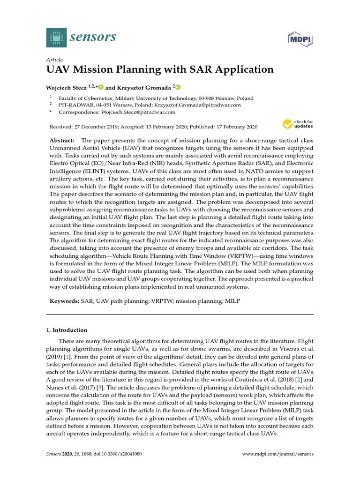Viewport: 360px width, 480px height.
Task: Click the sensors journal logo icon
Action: click(57, 37)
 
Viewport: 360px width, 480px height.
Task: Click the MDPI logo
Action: click(300, 40)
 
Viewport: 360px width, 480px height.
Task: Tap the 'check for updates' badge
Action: click(298, 124)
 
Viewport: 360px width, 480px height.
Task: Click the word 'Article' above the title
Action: click(54, 60)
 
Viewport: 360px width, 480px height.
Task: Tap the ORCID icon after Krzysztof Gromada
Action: click(178, 87)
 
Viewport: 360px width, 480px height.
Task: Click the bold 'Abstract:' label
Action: click(62, 141)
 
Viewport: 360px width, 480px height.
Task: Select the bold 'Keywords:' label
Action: click(64, 301)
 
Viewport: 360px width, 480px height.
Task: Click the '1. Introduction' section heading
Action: click(67, 330)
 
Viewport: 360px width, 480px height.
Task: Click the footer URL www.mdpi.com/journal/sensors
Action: click(277, 454)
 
